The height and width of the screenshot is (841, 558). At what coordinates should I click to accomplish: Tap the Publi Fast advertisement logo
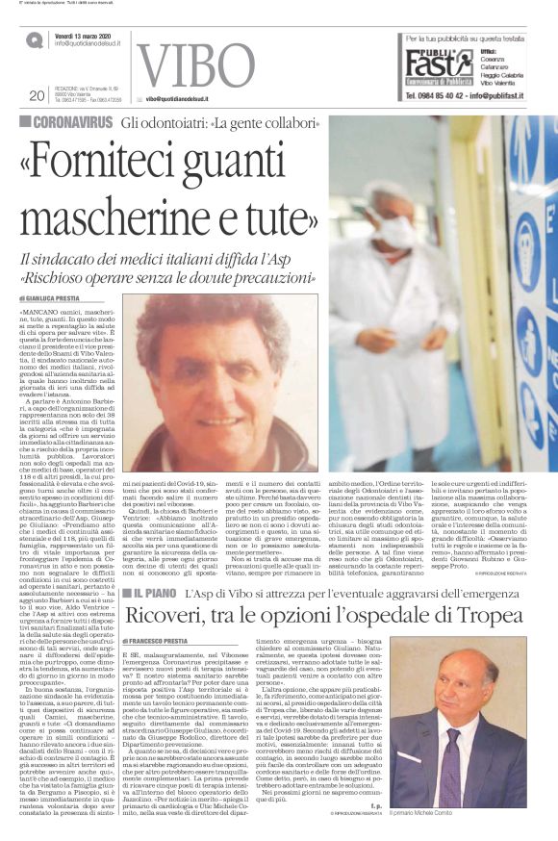(439, 64)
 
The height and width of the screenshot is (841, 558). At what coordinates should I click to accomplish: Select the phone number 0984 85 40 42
(448, 96)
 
